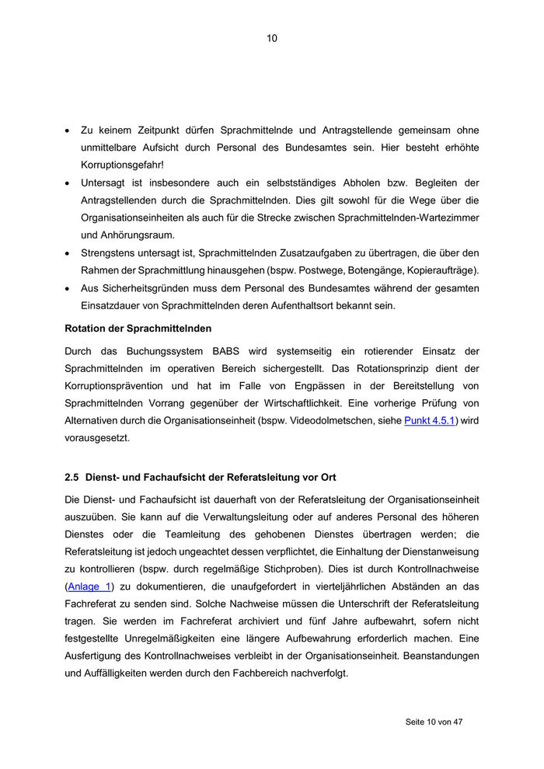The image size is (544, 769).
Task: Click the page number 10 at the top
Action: pyautogui.click(x=272, y=38)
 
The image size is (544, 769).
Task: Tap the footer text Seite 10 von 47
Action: pyautogui.click(x=434, y=722)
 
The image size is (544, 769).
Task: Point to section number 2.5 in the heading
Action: pyautogui.click(x=71, y=477)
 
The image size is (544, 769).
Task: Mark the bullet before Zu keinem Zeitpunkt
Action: pyautogui.click(x=68, y=131)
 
